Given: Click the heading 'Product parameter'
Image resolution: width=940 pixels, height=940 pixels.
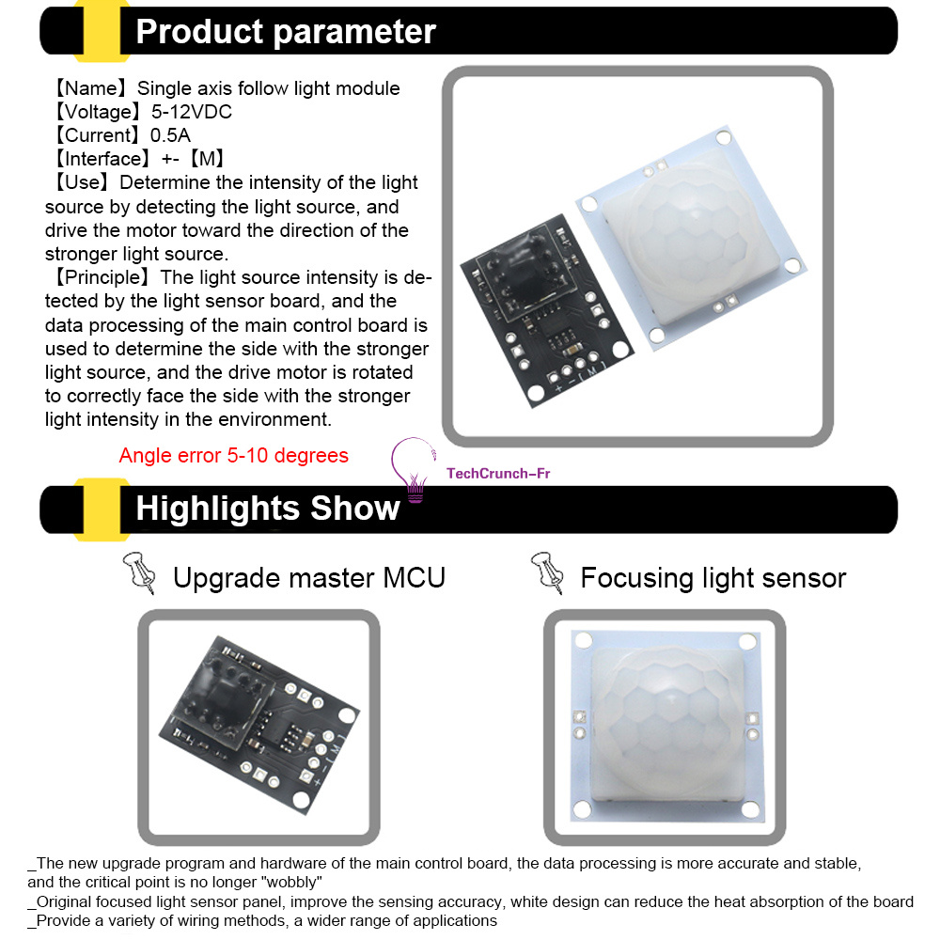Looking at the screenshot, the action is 286,32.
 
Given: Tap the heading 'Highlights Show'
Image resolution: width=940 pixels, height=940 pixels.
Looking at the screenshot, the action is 267,509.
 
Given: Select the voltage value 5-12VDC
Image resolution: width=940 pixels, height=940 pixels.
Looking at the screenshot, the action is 191,112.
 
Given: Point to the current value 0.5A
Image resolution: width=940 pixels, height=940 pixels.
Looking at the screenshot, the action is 170,135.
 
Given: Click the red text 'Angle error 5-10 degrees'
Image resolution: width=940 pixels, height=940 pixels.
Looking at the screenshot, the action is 233,456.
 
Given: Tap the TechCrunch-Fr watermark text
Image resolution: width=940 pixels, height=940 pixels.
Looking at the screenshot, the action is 498,474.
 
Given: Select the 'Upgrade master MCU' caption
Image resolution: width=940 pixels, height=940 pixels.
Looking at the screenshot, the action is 308,578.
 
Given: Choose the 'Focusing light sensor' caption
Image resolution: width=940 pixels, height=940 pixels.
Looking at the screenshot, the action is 713,578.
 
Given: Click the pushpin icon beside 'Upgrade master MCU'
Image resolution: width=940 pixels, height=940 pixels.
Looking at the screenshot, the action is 140,572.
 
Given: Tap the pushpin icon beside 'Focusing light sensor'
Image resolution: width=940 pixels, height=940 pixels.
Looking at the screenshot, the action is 547,572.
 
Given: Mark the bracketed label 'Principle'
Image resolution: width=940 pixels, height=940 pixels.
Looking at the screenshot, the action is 102,277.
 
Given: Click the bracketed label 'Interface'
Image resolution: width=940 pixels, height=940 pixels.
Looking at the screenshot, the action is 102,159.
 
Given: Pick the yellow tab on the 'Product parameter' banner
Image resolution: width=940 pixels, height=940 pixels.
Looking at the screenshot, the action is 102,31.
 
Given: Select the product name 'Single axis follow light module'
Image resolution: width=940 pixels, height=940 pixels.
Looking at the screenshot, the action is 269,88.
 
